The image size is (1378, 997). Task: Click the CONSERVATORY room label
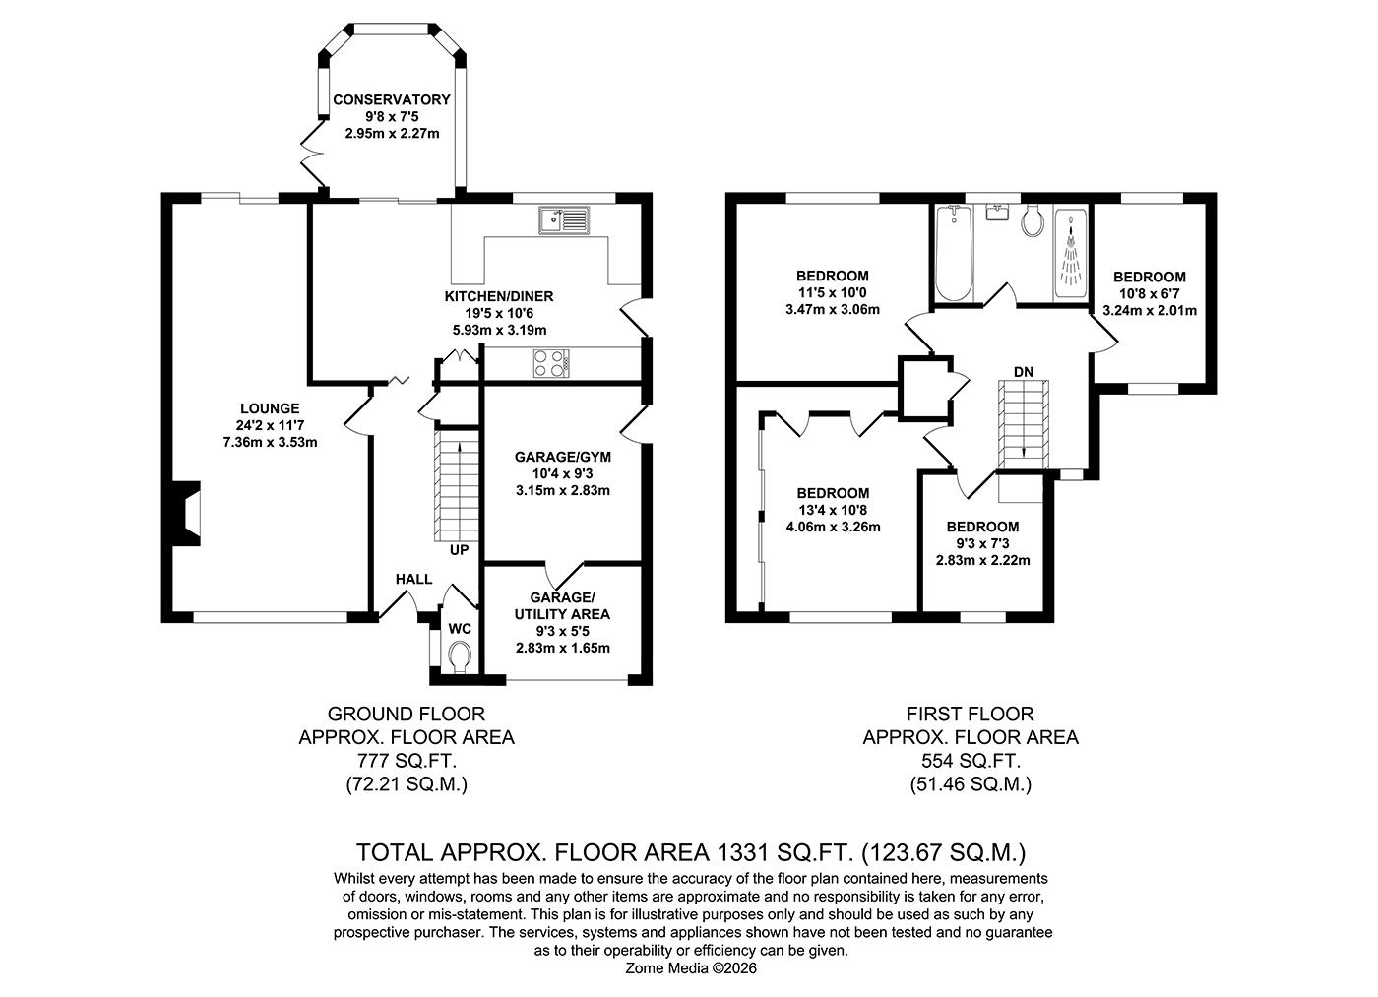(x=391, y=99)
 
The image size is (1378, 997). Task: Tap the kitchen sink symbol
(x=562, y=220)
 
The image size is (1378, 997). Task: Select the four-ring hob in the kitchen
(x=551, y=363)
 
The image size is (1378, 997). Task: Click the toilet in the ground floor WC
(x=459, y=655)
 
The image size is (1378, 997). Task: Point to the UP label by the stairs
(x=460, y=550)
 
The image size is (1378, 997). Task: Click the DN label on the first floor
(x=1024, y=371)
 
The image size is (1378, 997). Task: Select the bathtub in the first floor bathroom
(x=953, y=254)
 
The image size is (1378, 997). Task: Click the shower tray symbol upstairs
(x=1070, y=254)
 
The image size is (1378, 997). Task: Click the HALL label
(x=413, y=579)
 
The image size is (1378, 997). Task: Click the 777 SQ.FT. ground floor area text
(x=406, y=761)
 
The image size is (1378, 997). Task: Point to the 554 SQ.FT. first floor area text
(x=970, y=761)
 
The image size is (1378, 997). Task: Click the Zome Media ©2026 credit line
(x=691, y=968)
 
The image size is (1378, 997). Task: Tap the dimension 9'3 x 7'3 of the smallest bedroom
(x=981, y=543)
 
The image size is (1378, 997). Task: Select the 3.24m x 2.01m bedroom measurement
(x=1149, y=310)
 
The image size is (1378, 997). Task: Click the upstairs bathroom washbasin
(x=999, y=213)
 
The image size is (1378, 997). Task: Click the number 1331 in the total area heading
(x=751, y=851)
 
